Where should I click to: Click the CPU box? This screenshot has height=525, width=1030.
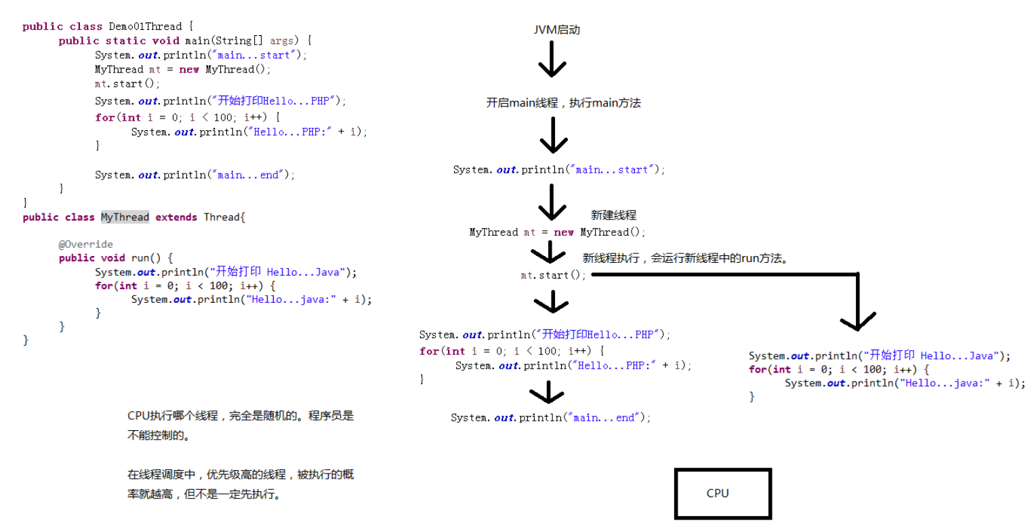(x=722, y=493)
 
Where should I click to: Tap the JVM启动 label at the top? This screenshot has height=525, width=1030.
(x=556, y=30)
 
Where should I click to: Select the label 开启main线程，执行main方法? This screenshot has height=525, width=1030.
(x=563, y=103)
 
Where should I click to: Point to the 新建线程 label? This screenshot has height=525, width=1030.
(x=613, y=215)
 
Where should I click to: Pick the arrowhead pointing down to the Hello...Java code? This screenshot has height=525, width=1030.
(x=857, y=320)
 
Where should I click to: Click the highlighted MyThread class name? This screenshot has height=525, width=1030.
(x=125, y=217)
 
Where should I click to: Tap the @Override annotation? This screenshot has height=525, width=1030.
(x=85, y=244)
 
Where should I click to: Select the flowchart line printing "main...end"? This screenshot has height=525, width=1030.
(x=550, y=418)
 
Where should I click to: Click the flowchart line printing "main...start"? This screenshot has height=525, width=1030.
(x=559, y=169)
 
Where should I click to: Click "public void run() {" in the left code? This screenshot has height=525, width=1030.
(x=116, y=257)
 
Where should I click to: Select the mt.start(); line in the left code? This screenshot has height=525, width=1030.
(x=127, y=84)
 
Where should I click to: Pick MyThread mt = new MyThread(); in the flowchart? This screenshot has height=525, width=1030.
(x=557, y=232)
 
